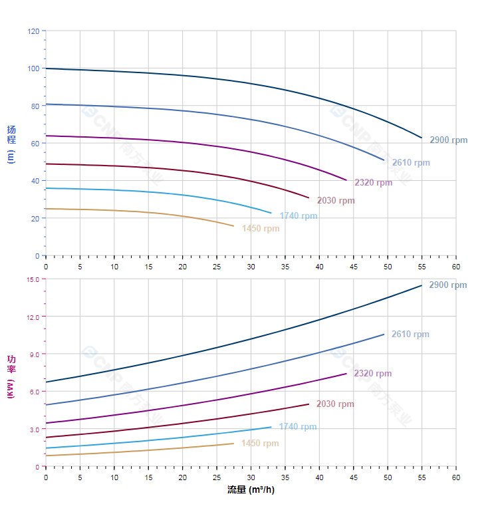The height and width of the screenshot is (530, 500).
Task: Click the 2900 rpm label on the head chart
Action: click(448, 140)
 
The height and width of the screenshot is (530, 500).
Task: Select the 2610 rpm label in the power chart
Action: click(410, 334)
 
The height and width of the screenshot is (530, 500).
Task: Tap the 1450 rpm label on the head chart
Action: click(261, 229)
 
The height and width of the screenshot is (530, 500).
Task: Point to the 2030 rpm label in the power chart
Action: click(335, 404)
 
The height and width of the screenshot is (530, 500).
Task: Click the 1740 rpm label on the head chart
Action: click(299, 216)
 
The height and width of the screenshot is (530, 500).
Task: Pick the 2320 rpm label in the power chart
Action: click(372, 374)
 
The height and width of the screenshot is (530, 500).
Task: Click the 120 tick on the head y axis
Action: click(33, 31)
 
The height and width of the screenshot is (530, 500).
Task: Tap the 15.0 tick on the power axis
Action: click(33, 279)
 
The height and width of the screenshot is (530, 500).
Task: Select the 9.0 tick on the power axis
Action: click(35, 354)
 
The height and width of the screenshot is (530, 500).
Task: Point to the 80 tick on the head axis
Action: click(35, 106)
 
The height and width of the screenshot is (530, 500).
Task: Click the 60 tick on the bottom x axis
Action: click(456, 477)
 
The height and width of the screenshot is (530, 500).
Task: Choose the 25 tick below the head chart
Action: click(217, 267)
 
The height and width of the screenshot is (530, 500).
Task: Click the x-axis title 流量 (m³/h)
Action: click(251, 490)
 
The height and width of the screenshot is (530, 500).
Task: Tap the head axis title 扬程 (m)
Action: click(11, 144)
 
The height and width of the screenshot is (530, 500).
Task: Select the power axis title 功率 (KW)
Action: click(11, 376)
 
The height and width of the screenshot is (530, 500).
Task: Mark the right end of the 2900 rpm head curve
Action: click(422, 138)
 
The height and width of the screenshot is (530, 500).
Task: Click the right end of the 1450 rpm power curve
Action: click(234, 444)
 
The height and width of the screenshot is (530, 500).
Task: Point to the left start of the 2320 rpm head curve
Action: click(46, 136)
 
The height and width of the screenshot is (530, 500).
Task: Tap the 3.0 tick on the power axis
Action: click(35, 430)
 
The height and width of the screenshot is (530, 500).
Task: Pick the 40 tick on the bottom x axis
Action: click(319, 477)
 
